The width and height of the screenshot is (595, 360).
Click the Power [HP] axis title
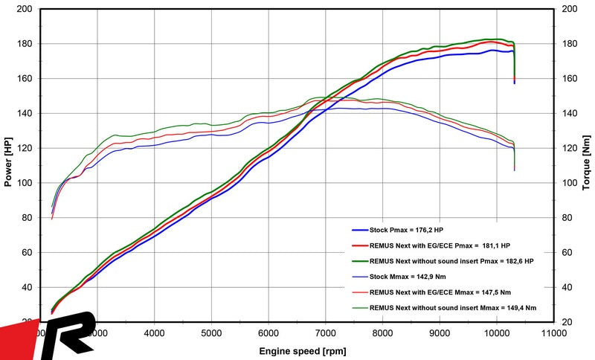(9, 165)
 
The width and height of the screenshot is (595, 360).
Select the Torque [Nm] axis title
(586, 165)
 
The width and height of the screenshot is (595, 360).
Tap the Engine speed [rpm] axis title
(300, 350)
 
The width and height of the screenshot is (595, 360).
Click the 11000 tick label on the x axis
(553, 333)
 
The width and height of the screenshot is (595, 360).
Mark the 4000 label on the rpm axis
(155, 333)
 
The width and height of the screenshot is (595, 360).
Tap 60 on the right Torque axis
(568, 252)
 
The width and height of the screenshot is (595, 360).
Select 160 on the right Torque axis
(570, 79)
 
